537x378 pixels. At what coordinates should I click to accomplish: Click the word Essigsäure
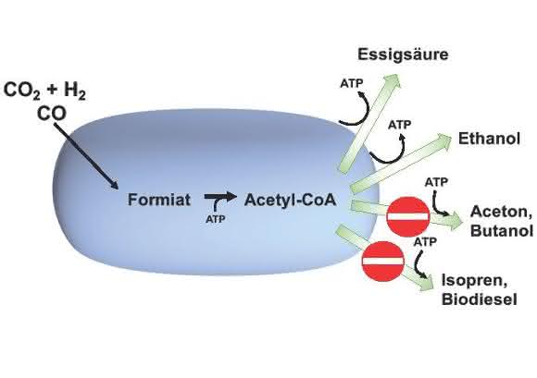(x=403, y=55)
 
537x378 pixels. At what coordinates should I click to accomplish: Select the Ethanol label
(x=489, y=139)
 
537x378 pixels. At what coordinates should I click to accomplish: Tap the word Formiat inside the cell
(x=159, y=200)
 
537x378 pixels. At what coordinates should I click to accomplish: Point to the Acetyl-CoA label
(x=290, y=200)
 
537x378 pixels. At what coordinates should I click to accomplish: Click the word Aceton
(x=501, y=213)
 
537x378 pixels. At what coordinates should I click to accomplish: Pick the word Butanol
(x=502, y=230)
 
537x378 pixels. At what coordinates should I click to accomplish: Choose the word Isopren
(x=474, y=281)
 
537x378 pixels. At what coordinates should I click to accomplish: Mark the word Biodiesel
(x=479, y=299)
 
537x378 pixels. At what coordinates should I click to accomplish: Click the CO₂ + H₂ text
(x=44, y=91)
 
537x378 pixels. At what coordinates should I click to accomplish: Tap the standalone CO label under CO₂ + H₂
(x=51, y=114)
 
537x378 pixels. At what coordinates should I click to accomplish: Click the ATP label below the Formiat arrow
(x=216, y=219)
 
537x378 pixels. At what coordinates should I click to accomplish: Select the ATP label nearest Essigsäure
(x=352, y=83)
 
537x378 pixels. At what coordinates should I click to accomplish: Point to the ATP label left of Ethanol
(x=399, y=125)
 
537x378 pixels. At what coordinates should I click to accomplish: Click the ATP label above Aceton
(x=436, y=182)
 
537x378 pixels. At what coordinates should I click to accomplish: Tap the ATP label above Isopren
(x=425, y=242)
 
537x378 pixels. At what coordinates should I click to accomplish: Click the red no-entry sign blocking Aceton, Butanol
(x=408, y=216)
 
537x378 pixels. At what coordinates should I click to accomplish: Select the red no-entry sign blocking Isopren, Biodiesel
(x=383, y=262)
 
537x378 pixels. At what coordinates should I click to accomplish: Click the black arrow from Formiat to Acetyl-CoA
(x=220, y=197)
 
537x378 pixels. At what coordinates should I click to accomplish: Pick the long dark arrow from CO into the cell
(x=86, y=155)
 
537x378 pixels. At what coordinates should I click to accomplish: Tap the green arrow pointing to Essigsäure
(x=369, y=123)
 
